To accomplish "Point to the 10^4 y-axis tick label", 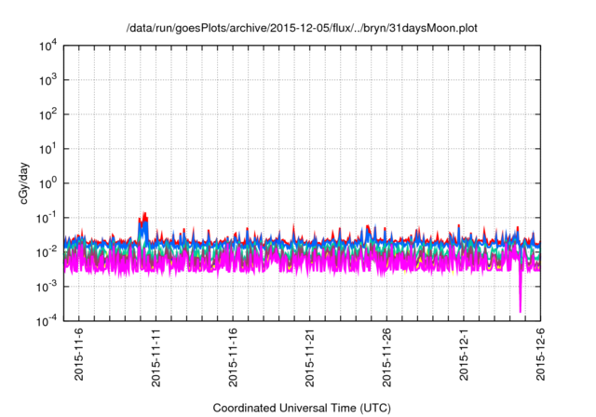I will pos(47,46).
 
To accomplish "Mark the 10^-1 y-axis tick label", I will pos(47,218).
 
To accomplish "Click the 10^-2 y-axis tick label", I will pos(47,251).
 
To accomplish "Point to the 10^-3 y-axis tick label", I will pos(47,286).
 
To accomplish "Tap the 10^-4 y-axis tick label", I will pos(47,320).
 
